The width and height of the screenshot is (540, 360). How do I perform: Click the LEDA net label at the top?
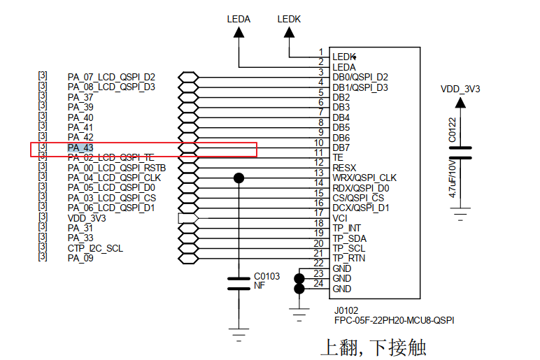point(239,19)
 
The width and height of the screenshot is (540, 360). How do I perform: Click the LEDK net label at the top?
point(289,19)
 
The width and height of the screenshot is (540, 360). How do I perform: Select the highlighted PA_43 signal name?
point(80,148)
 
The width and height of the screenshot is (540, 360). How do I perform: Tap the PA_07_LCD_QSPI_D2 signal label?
point(111,77)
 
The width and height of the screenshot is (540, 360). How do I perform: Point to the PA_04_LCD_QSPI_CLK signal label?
point(114,178)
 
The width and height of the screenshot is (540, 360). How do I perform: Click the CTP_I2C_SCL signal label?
point(97,249)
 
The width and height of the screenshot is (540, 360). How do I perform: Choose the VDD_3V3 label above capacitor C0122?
point(460,89)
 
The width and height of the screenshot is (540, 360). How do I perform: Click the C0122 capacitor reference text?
point(453,130)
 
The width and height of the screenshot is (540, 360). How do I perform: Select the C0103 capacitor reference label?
point(267,276)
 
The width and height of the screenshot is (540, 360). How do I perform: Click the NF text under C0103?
point(259,285)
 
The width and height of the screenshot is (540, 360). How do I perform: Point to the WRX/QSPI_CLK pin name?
point(364,178)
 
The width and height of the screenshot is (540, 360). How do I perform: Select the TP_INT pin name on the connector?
point(347,229)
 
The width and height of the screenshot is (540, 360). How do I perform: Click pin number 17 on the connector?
point(318,213)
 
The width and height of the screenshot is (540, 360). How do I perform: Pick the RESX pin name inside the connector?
point(344,168)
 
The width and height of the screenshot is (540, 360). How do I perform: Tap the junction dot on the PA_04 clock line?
point(239,178)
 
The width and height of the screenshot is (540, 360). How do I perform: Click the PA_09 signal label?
point(80,259)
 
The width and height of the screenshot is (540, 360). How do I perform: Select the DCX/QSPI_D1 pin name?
point(361,208)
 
